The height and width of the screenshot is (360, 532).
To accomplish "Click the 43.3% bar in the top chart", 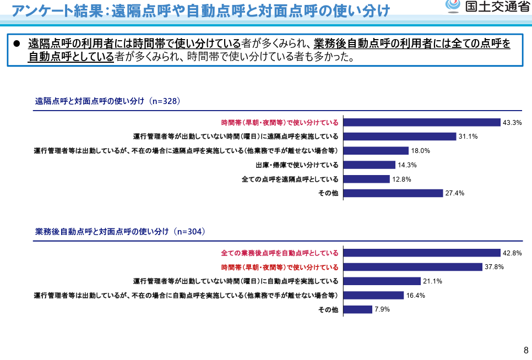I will pos(421,122).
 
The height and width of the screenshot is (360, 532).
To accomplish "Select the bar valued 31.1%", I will pos(400,137).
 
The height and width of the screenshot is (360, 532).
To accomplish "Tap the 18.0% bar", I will pos(376,151).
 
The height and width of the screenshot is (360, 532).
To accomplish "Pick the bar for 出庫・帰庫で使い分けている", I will pos(370,165).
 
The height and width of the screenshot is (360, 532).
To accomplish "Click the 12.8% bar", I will pos(367,179).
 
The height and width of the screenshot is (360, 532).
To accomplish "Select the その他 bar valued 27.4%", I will pos(393,193).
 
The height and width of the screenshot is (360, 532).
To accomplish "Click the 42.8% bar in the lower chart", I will pos(421,253).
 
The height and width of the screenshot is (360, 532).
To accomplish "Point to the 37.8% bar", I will pos(412,268).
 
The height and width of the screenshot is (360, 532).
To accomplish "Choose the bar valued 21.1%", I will pos(382,281).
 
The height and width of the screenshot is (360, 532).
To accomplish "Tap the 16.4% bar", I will pos(373,296).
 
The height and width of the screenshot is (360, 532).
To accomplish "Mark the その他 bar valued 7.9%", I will pos(357,309).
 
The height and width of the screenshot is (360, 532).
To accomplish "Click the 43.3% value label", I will pos(512,122).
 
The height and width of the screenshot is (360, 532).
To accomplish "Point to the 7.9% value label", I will pos(382,309).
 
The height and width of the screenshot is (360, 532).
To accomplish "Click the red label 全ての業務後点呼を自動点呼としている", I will pos(280,253).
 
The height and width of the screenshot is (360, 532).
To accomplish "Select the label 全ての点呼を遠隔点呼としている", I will pos(290,179).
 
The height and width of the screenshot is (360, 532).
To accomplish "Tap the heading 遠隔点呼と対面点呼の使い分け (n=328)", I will pos(108,101).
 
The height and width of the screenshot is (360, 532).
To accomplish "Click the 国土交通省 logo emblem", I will pos(453,6).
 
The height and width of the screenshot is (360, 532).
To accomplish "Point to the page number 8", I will pos(525,350).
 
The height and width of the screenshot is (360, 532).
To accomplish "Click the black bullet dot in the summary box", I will pos(16,43).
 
